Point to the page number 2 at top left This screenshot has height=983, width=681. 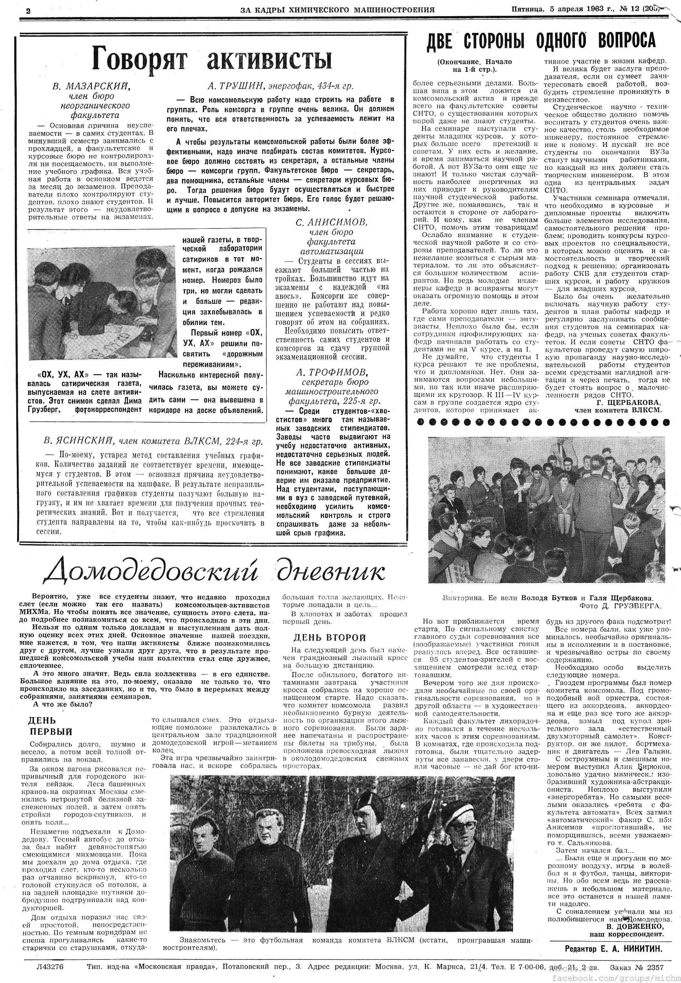click(28, 11)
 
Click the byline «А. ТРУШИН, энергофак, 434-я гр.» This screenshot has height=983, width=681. click(280, 86)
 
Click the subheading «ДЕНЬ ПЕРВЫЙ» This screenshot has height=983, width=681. click(50, 726)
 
